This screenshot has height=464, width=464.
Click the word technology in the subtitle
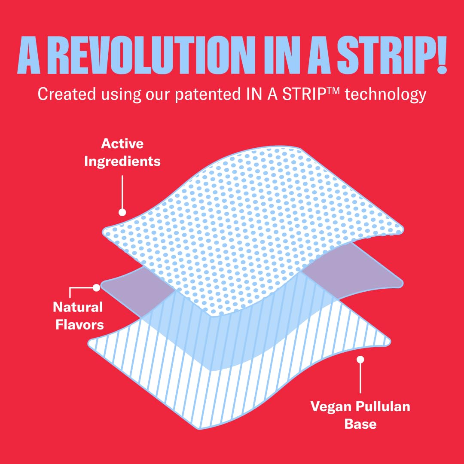point(385,95)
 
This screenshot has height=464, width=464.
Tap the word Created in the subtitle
point(67,94)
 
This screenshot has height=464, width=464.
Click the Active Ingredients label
point(122,153)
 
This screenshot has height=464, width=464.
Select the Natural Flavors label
point(79,316)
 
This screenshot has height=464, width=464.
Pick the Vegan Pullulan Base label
point(360,415)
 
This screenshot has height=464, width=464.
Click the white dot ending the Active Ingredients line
point(122,212)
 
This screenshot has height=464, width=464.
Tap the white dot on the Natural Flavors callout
point(97,287)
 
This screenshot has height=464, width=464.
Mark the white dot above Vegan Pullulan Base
point(360,360)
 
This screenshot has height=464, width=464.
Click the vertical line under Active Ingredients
point(122,192)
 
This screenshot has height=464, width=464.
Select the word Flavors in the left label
point(79,325)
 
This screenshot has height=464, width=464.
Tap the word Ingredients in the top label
point(122,162)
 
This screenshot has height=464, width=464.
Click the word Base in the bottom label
point(360,424)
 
